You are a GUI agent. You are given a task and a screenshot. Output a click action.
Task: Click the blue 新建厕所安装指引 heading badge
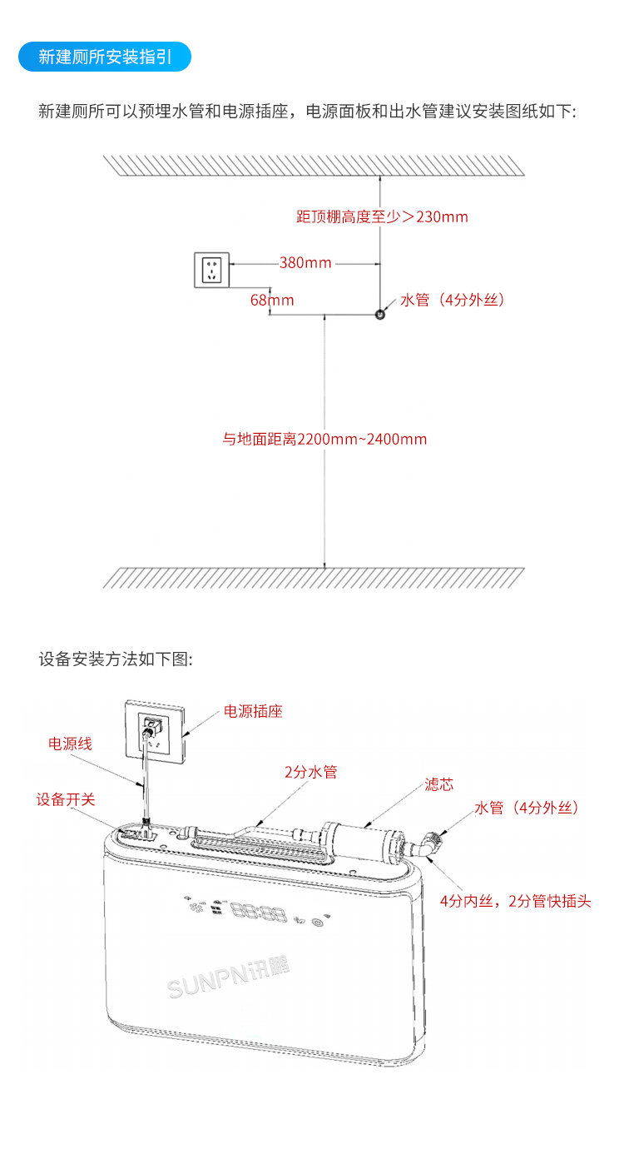tap(105, 57)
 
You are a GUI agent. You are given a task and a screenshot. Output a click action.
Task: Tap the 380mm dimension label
tap(305, 263)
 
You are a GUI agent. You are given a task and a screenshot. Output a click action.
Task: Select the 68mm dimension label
tap(272, 300)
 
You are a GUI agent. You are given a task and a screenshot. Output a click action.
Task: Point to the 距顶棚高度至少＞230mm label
tap(382, 217)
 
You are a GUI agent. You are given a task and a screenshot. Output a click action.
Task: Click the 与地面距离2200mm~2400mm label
tap(324, 439)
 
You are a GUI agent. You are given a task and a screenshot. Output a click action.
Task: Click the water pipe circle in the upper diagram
tap(379, 315)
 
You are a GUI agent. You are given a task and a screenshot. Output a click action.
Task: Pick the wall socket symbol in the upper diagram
tap(214, 269)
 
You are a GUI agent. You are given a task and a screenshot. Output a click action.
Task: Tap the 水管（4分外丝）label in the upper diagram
tap(453, 300)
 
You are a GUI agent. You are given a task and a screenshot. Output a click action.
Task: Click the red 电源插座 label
tap(253, 712)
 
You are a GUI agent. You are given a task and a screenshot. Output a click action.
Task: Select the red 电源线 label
tap(70, 744)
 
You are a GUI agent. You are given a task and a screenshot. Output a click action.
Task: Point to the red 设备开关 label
tap(65, 799)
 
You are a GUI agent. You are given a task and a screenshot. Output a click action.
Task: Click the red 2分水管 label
tap(310, 773)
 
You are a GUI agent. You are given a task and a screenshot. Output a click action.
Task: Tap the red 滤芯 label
tap(438, 784)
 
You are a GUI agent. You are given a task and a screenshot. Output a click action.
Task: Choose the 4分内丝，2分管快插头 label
tap(515, 901)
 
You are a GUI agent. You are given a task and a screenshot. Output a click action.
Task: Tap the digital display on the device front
tap(259, 914)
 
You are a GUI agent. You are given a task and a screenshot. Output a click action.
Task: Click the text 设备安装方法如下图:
tap(116, 659)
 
